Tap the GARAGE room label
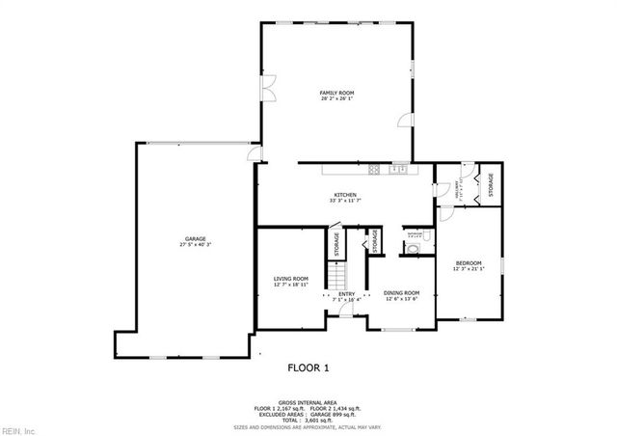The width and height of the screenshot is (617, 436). [x=196, y=239]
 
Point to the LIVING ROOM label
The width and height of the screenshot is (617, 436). [x=291, y=279]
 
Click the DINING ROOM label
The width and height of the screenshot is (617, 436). [x=402, y=293]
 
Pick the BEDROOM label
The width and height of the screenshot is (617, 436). [x=469, y=262]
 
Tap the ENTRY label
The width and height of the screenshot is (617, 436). [x=347, y=294]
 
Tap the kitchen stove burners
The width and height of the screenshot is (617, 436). [x=396, y=171]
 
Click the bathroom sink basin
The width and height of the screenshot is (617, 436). [x=414, y=247]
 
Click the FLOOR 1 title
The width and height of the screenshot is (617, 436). [x=308, y=368]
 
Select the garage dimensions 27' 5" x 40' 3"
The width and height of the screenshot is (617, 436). [x=196, y=245]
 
